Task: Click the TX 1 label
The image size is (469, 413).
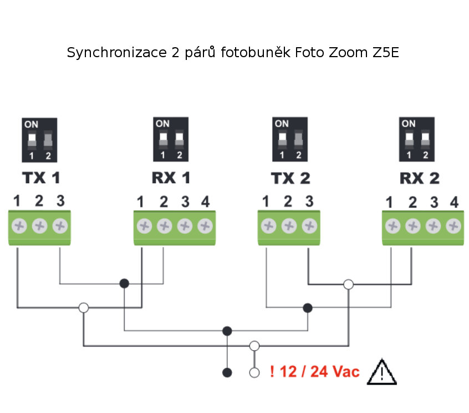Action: (x=41, y=178)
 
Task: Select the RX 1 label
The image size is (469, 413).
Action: (x=171, y=178)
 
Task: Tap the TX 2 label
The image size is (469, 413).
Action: (x=290, y=178)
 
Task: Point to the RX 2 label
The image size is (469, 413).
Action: (x=420, y=178)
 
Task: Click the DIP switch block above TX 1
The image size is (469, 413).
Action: (x=39, y=139)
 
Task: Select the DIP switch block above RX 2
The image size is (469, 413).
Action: (x=417, y=139)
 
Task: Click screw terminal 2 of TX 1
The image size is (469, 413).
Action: (x=39, y=226)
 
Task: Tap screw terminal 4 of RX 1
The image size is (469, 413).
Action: (x=205, y=226)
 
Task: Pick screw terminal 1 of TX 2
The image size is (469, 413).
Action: (x=268, y=226)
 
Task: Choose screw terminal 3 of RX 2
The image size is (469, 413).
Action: (x=434, y=226)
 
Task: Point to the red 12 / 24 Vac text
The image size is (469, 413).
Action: (x=314, y=372)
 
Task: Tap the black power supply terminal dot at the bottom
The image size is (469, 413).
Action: (x=227, y=372)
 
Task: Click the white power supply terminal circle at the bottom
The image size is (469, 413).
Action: (x=254, y=372)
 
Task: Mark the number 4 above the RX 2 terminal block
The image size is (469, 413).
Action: (x=455, y=203)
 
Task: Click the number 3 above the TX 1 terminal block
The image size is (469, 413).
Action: (x=60, y=200)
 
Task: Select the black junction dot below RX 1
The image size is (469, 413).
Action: (x=124, y=284)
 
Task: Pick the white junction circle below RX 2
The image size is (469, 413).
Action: (x=348, y=284)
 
